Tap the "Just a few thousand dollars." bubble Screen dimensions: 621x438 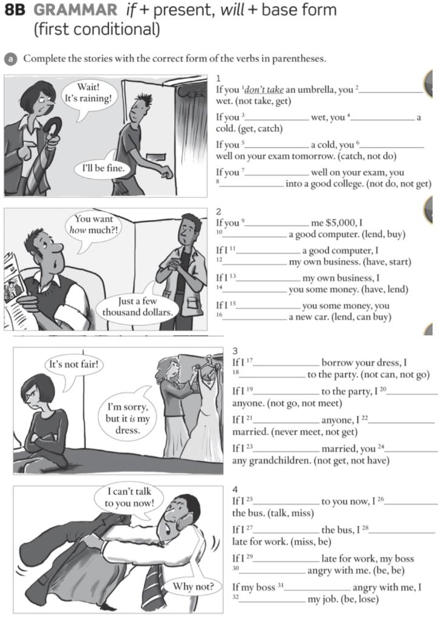click(137, 307)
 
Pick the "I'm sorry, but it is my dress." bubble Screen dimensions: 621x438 click(127, 412)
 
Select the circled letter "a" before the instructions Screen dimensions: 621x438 click(10, 59)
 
